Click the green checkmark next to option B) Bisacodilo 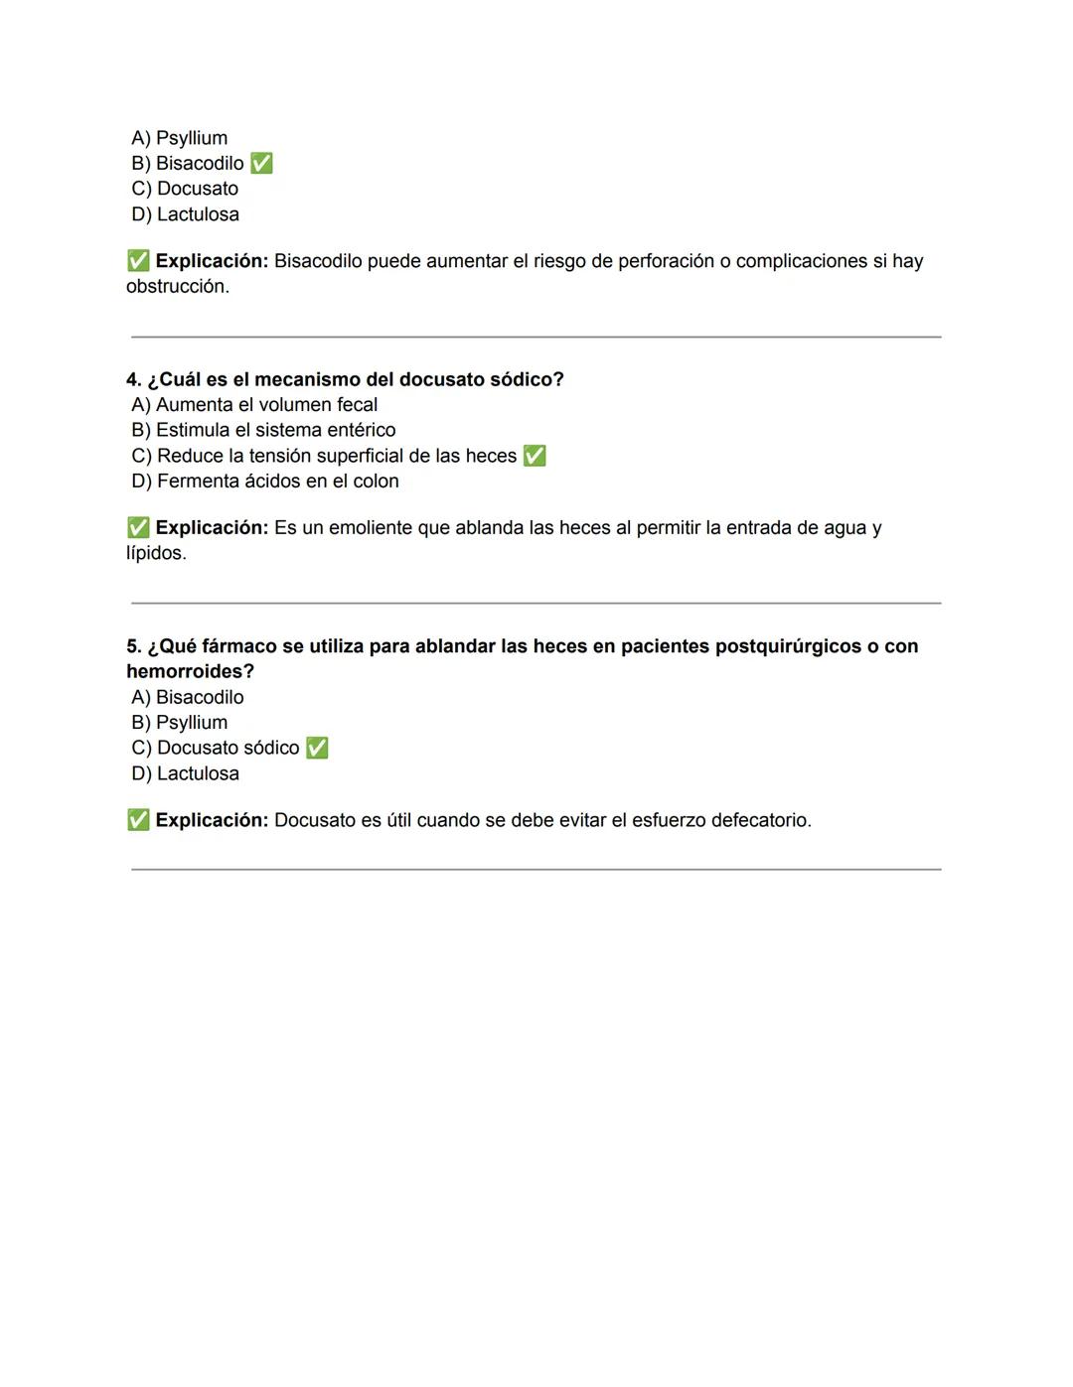click(261, 163)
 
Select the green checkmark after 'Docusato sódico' click(317, 748)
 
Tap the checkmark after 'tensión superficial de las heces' click(535, 456)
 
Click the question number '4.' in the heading click(134, 379)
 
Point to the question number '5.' click(134, 646)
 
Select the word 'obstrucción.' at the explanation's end click(178, 286)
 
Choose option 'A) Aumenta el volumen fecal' click(254, 405)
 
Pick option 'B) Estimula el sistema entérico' click(263, 430)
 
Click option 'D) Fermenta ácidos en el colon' click(265, 481)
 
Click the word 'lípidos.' click(156, 553)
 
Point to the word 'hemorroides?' click(190, 671)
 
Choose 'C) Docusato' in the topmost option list click(185, 189)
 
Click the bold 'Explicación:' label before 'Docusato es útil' click(212, 820)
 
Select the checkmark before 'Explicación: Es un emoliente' click(138, 528)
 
